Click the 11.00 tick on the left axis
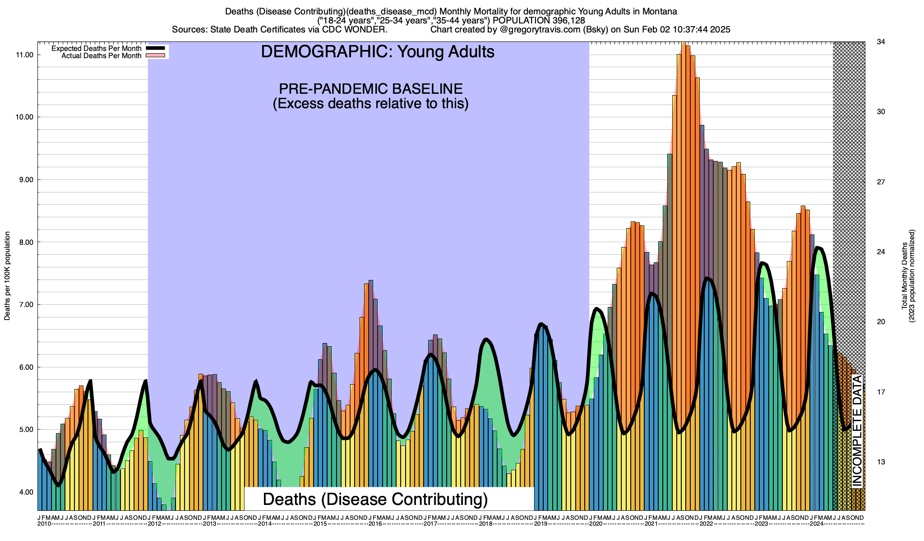click(x=25, y=55)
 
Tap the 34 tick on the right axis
click(x=880, y=42)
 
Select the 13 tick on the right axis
click(x=880, y=462)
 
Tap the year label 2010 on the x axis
click(x=44, y=524)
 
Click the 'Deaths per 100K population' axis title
click(x=7, y=276)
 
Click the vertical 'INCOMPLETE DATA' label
click(x=857, y=431)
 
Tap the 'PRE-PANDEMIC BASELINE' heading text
click(x=370, y=88)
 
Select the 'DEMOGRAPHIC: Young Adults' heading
click(x=378, y=52)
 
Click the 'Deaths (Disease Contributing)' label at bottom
click(x=375, y=499)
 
